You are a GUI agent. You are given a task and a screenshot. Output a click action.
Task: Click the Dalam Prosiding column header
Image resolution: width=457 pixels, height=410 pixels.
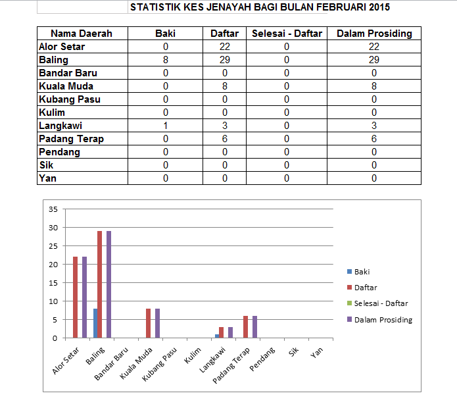click(x=374, y=34)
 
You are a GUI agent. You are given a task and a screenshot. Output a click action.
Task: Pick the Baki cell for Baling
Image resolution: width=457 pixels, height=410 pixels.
click(x=166, y=60)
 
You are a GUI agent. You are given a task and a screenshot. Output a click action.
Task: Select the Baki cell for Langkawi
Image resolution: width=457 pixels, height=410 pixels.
click(x=166, y=126)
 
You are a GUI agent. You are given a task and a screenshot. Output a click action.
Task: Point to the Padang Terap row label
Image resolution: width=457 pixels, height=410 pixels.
click(x=71, y=139)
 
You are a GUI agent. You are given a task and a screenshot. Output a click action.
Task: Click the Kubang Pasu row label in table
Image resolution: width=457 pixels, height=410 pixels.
click(x=70, y=99)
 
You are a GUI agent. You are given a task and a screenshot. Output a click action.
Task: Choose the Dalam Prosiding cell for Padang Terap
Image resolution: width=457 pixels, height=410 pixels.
click(x=374, y=139)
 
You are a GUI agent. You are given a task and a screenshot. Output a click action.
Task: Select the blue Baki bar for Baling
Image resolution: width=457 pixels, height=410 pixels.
click(x=95, y=323)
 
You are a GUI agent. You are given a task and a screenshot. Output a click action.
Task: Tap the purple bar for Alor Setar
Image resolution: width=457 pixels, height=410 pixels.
click(x=84, y=297)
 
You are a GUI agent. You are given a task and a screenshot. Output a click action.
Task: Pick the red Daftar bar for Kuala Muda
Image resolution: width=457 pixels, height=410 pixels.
click(x=149, y=323)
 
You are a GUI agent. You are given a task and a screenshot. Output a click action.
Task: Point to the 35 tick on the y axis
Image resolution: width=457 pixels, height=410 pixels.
click(x=54, y=209)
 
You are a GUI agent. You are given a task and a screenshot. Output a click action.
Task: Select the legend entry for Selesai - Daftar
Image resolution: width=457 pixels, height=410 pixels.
click(x=380, y=303)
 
